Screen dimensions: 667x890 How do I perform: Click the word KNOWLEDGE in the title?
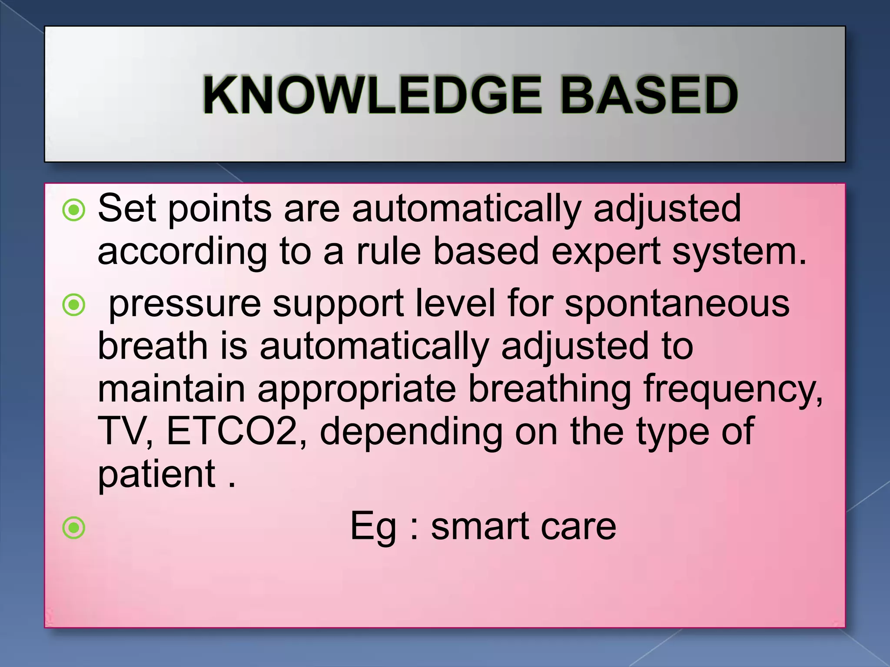pyautogui.click(x=372, y=95)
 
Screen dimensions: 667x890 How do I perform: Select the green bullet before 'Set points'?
pyautogui.click(x=74, y=211)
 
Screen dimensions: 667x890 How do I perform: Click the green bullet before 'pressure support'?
pyautogui.click(x=74, y=305)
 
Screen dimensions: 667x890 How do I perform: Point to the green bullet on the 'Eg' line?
pyautogui.click(x=74, y=528)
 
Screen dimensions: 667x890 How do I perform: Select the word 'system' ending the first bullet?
pyautogui.click(x=734, y=252)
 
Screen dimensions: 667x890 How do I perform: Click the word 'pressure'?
pyautogui.click(x=184, y=304)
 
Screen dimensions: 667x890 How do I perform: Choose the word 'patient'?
pyautogui.click(x=156, y=474)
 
